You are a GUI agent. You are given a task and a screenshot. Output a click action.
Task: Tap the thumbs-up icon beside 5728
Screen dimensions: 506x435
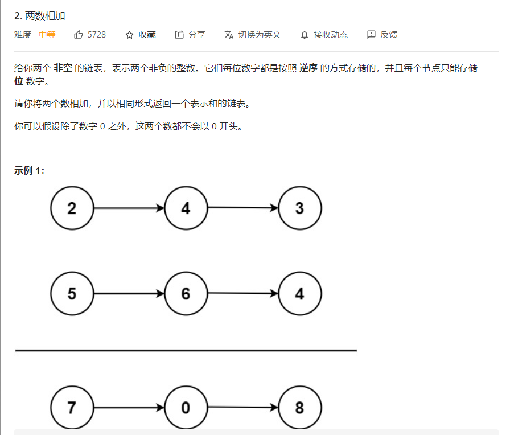79,35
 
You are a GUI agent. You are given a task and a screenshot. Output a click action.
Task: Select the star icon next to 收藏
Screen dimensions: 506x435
129,35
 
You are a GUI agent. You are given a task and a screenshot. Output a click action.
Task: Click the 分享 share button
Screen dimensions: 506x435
190,35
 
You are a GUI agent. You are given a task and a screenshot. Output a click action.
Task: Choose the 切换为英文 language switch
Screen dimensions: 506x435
253,35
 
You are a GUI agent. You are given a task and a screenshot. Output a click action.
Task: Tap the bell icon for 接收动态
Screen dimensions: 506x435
305,35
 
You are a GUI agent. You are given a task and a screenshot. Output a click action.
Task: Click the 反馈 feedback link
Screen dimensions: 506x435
382,35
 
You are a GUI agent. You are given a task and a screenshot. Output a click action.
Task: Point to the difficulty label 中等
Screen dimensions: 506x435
47,35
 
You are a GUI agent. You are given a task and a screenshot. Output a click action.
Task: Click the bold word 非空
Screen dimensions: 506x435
63,68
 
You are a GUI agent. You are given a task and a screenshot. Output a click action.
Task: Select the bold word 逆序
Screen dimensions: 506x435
308,68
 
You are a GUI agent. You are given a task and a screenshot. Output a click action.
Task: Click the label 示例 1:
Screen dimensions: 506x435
30,170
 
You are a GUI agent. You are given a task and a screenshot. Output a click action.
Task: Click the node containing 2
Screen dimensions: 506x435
72,208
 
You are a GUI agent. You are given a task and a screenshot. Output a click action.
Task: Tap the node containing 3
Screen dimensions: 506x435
300,208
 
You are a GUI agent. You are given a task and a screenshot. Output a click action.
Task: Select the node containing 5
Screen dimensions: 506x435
72,294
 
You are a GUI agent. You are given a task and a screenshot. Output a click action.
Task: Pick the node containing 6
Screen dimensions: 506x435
186,294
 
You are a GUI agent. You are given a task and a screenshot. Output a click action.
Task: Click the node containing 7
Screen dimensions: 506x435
72,408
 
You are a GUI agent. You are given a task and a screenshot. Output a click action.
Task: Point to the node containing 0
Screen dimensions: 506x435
186,408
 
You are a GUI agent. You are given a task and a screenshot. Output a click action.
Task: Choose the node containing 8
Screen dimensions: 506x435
300,408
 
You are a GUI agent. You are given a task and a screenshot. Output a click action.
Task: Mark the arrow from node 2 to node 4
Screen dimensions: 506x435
129,208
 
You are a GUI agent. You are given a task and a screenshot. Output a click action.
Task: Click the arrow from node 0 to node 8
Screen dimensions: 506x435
243,408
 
